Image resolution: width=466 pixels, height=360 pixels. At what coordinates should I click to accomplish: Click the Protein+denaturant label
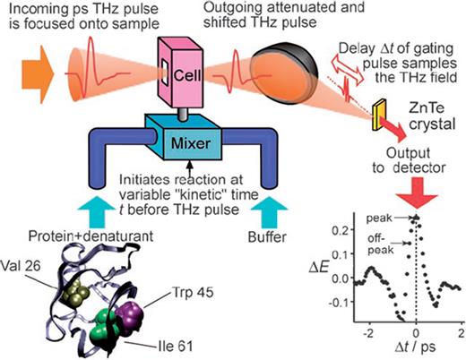tap(77, 239)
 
